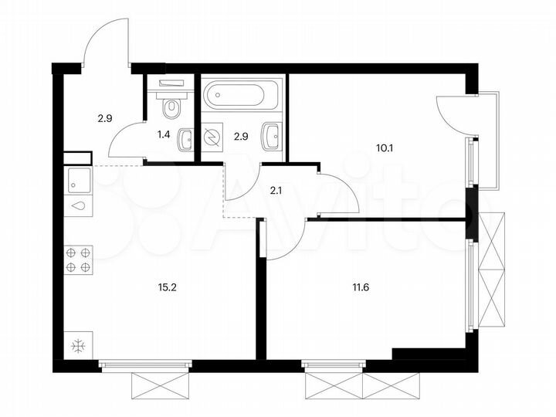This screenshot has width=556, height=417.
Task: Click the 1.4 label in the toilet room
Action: tap(164, 134)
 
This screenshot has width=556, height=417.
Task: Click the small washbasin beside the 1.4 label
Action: tap(185, 140)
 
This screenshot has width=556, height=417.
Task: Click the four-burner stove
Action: tap(78, 259)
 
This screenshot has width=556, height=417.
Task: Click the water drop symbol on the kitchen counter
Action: tap(79, 206)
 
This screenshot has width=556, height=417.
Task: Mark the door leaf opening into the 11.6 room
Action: tap(263, 239)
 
